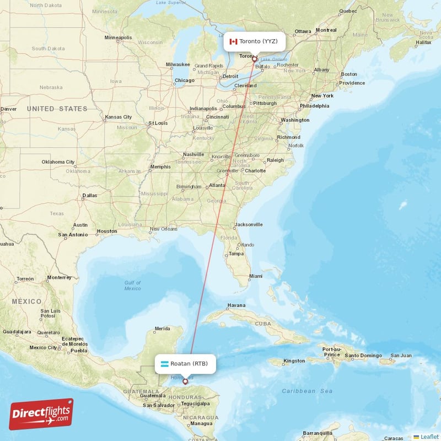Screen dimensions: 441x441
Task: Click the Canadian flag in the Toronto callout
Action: pos(233,41)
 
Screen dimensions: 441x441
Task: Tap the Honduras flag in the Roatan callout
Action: pos(164,364)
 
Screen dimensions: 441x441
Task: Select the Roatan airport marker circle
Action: pos(185,381)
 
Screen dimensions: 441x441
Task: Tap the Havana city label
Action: pos(236,305)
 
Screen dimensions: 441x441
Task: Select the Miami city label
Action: pos(255,276)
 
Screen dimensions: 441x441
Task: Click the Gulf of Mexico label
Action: pos(132,285)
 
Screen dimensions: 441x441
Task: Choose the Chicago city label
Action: pos(184,80)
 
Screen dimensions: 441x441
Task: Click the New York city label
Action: pos(322,95)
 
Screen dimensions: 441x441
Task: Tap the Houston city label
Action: pos(106,231)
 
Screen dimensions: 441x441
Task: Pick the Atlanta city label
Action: pos(217,186)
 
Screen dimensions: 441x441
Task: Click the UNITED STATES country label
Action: pos(57,109)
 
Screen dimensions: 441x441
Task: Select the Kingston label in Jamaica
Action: pos(293,361)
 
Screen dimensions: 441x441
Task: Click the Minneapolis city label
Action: pos(118,38)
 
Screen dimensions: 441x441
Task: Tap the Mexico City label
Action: pos(43,347)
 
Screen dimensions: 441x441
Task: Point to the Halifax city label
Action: pos(423,42)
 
